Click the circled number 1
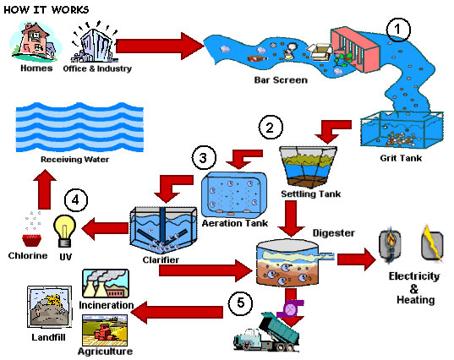(398, 30)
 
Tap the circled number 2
(271, 128)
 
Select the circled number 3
(204, 158)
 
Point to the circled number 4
(76, 200)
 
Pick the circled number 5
(240, 303)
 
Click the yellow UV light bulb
(64, 231)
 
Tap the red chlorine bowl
(32, 240)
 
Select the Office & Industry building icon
(96, 43)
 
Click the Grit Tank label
(401, 158)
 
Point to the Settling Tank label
(310, 194)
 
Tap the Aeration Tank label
(235, 223)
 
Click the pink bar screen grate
(355, 50)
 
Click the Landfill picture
(50, 307)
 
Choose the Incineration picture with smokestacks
(106, 284)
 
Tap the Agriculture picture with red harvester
(105, 330)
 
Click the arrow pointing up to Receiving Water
(45, 188)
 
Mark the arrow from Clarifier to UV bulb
(105, 229)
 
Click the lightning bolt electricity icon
(433, 243)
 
